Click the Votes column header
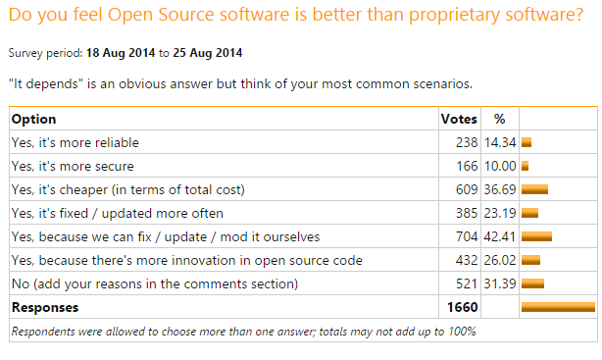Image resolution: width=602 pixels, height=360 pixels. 459,119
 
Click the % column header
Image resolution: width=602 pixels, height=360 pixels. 499,119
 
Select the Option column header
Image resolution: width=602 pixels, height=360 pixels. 33,119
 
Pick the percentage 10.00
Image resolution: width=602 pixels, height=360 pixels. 501,166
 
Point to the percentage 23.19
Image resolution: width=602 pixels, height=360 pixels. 501,213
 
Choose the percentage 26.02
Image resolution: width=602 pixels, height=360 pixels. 501,260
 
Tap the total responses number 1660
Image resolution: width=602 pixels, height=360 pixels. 462,307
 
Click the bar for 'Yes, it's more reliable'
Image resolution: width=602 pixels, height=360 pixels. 527,142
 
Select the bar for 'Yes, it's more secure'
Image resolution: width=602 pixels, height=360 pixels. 526,166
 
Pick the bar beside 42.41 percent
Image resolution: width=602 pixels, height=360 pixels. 537,236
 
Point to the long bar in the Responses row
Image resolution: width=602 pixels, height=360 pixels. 558,307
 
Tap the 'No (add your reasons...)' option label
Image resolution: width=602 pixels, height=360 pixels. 148,283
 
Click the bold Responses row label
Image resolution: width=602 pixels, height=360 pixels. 45,307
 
